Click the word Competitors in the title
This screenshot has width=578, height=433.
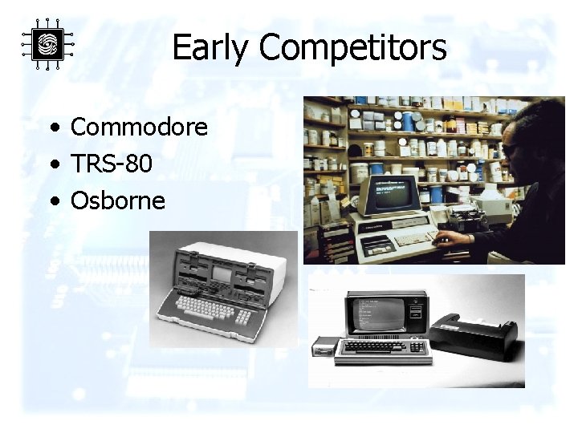tap(352, 48)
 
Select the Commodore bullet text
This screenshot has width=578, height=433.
tap(139, 127)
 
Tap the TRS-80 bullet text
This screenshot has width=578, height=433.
tap(111, 164)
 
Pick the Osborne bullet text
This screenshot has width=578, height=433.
tap(118, 200)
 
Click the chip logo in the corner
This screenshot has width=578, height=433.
tap(47, 43)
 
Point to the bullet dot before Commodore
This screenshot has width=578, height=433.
tap(53, 127)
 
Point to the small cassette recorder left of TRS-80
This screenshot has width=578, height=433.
tap(324, 347)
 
